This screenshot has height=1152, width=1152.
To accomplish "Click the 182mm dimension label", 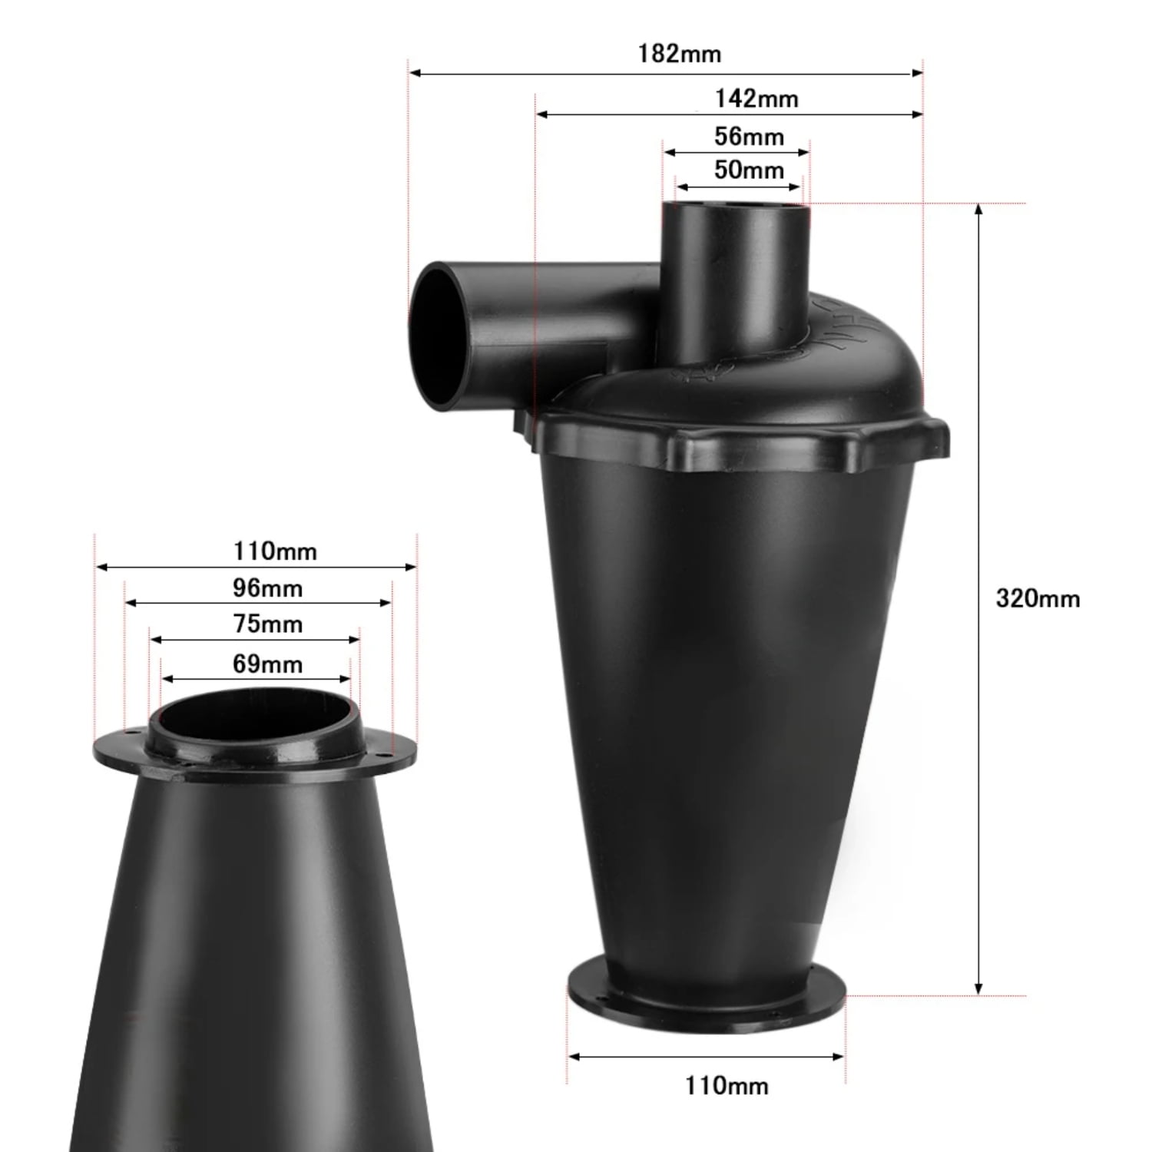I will (679, 55).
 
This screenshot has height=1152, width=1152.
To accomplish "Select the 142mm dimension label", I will (756, 99).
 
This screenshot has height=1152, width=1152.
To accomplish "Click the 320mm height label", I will (1038, 598).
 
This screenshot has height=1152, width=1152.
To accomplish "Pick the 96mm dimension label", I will (267, 588).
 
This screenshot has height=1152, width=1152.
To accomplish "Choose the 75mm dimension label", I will (267, 624).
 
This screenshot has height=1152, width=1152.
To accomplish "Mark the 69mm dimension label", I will (267, 664).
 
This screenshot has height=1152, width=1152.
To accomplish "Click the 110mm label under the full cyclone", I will (727, 1085).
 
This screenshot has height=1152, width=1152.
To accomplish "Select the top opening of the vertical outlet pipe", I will (736, 208).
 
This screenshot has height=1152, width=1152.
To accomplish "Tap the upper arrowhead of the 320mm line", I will (978, 209).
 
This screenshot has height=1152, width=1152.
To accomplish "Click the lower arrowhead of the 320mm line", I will (978, 990).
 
